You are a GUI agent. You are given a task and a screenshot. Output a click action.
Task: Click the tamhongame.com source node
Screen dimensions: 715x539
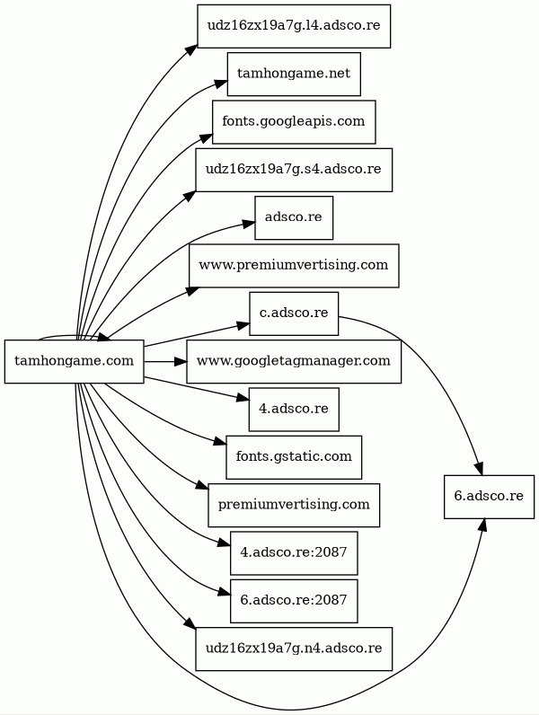click(75, 361)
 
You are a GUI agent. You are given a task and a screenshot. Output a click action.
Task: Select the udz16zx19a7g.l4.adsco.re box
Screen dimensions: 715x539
click(294, 25)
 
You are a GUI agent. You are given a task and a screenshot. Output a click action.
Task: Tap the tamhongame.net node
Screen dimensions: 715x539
click(294, 74)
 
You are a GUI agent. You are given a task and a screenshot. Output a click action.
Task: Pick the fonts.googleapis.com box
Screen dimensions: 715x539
click(294, 121)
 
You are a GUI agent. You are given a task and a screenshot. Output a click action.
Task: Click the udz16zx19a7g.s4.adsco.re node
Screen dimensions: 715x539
click(294, 169)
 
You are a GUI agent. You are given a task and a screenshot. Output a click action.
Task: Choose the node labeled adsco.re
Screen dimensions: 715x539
click(294, 217)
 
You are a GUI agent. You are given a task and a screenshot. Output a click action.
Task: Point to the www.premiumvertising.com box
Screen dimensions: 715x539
click(294, 265)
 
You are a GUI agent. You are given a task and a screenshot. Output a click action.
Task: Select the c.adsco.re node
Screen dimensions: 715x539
click(294, 313)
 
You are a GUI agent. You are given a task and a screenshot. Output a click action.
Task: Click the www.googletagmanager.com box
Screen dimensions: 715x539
click(294, 361)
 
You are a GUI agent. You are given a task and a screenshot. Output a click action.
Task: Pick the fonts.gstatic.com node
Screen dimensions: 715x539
click(294, 457)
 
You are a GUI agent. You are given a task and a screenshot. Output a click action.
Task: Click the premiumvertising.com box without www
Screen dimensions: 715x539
click(294, 505)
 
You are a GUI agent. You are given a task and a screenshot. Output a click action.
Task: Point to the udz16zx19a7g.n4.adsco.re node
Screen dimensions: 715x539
click(294, 649)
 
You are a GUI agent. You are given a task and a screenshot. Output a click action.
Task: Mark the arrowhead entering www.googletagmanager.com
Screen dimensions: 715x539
click(180, 361)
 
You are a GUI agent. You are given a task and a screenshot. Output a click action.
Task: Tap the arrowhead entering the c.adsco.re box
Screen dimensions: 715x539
click(243, 322)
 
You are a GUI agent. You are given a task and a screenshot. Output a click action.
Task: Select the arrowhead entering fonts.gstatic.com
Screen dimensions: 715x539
click(219, 443)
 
